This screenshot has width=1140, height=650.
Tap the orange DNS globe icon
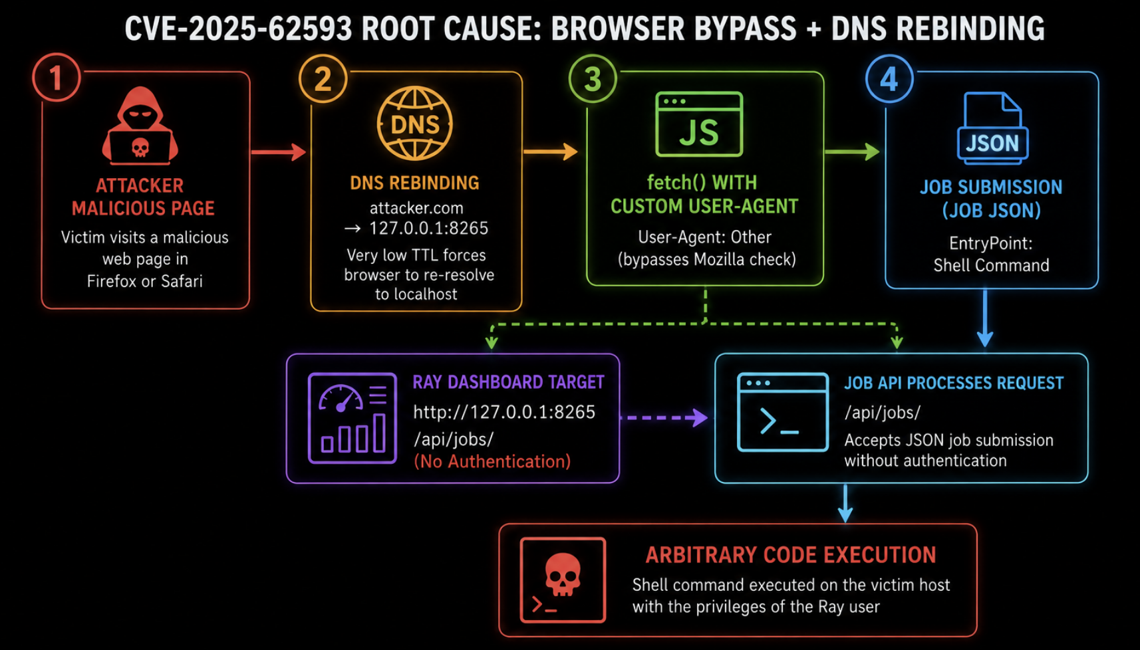click(x=415, y=124)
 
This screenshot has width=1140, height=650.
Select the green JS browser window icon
click(x=699, y=124)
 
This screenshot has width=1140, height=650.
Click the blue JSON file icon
click(x=992, y=128)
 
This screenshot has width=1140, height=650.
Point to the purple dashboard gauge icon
click(x=353, y=418)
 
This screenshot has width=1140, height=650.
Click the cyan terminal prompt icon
click(x=783, y=413)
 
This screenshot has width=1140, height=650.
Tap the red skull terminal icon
click(x=563, y=580)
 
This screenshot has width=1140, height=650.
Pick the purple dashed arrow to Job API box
click(x=664, y=417)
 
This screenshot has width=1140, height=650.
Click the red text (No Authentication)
click(x=492, y=461)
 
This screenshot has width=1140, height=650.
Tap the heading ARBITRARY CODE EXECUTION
click(x=791, y=555)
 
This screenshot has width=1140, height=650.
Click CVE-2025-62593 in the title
click(x=238, y=29)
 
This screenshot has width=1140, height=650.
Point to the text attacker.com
click(x=416, y=208)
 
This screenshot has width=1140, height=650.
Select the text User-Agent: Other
click(x=705, y=237)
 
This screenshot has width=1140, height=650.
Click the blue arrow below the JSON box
click(x=985, y=318)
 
